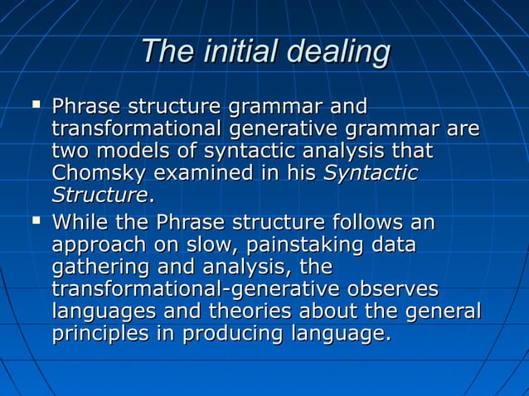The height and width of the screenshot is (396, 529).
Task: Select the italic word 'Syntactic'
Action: (x=370, y=175)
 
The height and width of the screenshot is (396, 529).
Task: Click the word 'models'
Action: (x=119, y=152)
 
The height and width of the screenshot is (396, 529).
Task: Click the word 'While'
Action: (x=76, y=223)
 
